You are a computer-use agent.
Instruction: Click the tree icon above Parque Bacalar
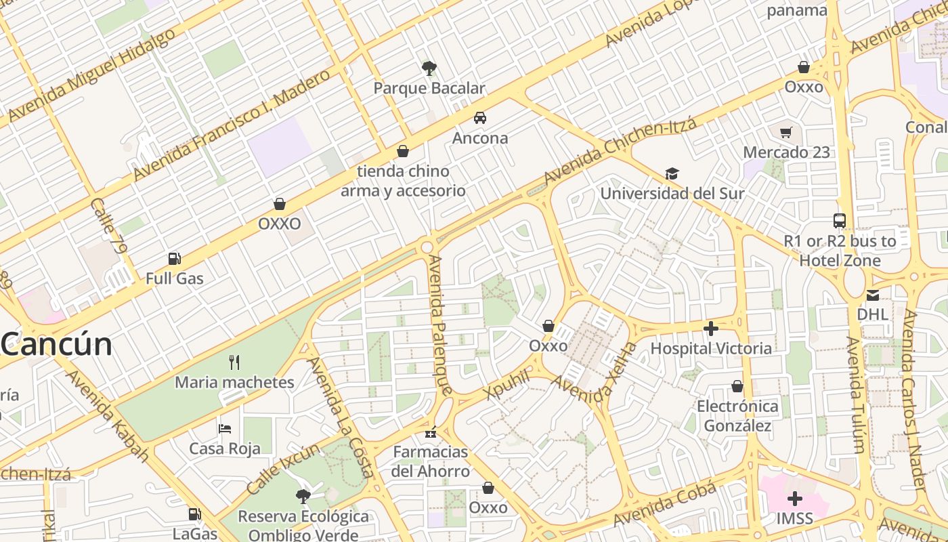[x=429, y=68]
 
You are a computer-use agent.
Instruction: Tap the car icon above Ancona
[x=480, y=118]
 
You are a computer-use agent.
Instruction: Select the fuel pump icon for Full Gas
[x=174, y=258]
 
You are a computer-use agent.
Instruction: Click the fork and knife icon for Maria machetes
[x=234, y=362]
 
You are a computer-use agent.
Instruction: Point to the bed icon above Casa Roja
[x=225, y=428]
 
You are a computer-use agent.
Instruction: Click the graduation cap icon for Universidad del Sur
[x=672, y=173]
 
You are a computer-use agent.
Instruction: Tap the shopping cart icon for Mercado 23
[x=786, y=133]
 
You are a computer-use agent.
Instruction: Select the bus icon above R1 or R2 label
[x=840, y=220]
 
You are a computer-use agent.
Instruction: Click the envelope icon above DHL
[x=872, y=295]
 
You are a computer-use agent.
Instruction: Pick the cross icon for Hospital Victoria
[x=711, y=329]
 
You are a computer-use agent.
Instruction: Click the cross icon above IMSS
[x=795, y=499]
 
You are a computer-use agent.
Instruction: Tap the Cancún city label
[x=57, y=345]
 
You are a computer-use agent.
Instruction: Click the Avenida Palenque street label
[x=439, y=325]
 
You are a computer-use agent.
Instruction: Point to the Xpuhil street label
[x=507, y=385]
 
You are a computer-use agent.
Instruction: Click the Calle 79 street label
[x=108, y=226]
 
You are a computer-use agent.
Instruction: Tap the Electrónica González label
[x=737, y=416]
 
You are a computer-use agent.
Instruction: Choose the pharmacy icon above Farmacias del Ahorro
[x=431, y=432]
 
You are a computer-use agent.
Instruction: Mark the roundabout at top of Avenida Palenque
[x=427, y=247]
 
